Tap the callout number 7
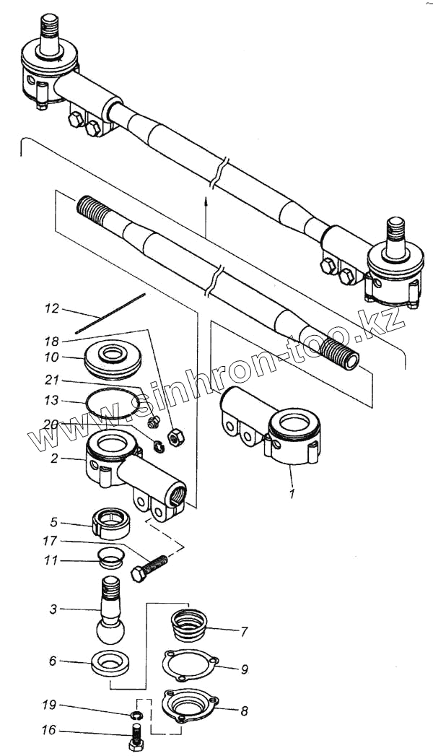[x=244, y=632]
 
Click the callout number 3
[x=53, y=609]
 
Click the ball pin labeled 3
[x=110, y=614]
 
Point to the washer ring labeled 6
[x=111, y=662]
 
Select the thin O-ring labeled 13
[x=113, y=404]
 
